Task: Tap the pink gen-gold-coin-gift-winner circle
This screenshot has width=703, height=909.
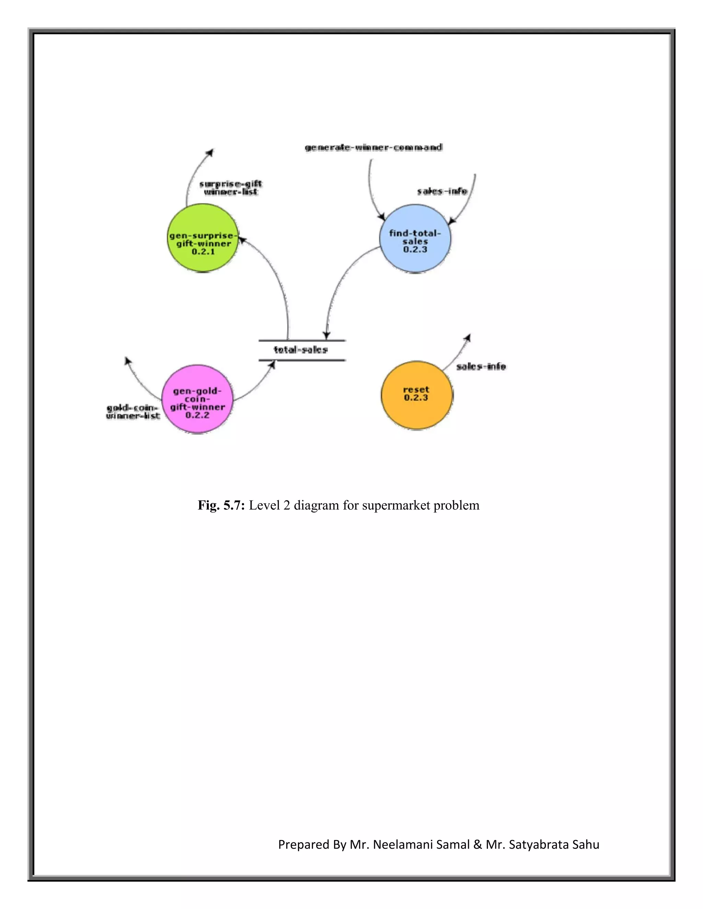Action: (197, 399)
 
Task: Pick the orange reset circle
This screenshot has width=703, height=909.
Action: (416, 395)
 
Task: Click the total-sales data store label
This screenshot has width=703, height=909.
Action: (301, 350)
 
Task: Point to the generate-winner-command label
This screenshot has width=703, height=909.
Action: (373, 147)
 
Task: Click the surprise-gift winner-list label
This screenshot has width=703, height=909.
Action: (230, 188)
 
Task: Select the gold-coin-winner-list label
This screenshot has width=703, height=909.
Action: (133, 412)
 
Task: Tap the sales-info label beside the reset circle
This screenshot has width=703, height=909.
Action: (481, 366)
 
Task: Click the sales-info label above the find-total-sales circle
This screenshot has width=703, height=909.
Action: (442, 191)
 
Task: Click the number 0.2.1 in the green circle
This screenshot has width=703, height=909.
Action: (203, 252)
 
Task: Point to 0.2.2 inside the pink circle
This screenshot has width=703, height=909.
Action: (197, 415)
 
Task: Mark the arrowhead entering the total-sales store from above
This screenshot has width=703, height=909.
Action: (327, 335)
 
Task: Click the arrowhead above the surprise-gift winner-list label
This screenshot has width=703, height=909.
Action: (211, 152)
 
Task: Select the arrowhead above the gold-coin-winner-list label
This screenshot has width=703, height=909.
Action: (127, 360)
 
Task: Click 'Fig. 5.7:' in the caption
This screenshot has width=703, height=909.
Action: (221, 505)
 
